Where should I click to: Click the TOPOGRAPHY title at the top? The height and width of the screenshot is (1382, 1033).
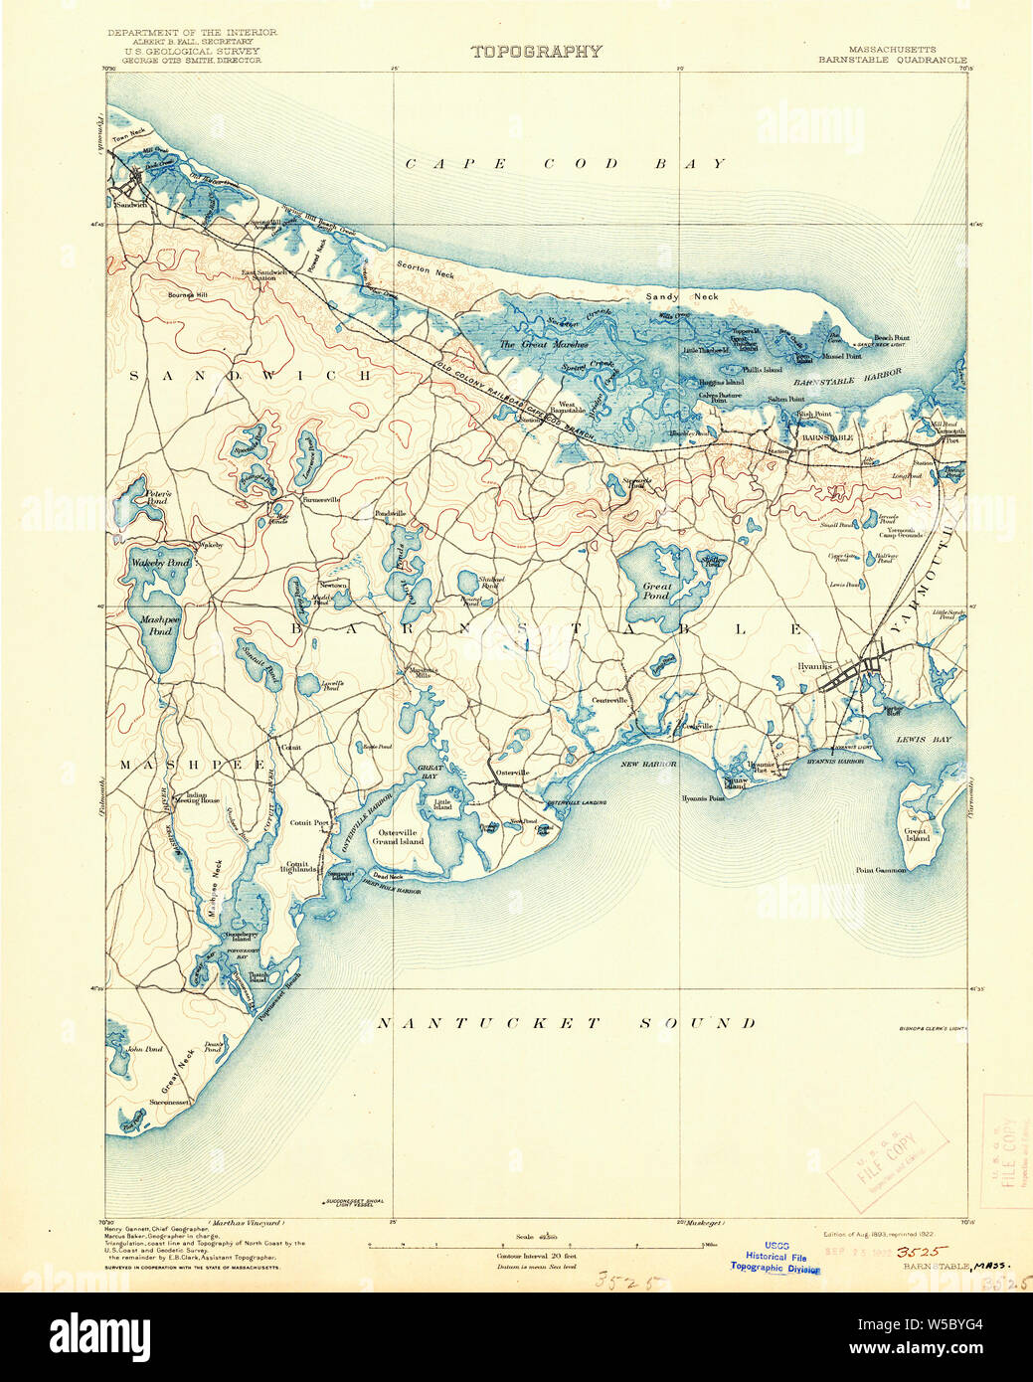[x=536, y=52]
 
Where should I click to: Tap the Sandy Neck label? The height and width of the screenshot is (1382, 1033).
[x=681, y=296]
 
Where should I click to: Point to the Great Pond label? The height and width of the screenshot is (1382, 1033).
[x=656, y=591]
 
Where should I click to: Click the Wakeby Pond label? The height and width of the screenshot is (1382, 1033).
[x=159, y=563]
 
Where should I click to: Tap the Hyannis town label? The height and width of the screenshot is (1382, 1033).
[x=814, y=665]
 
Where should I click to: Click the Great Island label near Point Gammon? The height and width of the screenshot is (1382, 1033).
[x=916, y=834]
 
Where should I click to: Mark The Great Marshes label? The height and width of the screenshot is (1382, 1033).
[x=543, y=345]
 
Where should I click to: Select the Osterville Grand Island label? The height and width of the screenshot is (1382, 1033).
[x=398, y=836]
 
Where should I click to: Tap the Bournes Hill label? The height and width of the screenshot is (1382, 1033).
[x=188, y=295]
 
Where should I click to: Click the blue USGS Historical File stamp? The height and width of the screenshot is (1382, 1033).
[x=775, y=1257]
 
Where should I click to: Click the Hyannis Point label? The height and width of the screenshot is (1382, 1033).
[x=703, y=798]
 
